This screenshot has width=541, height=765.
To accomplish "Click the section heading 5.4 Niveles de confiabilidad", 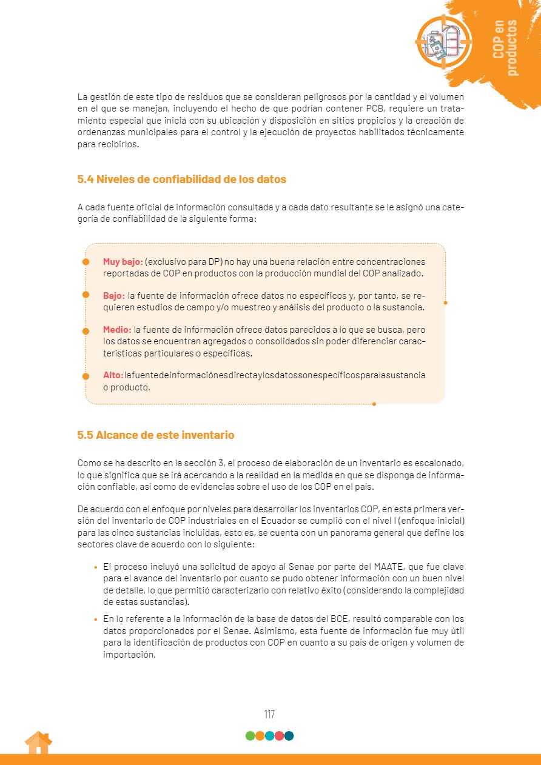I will (x=181, y=179).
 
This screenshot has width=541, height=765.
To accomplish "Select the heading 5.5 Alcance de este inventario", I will (x=155, y=435).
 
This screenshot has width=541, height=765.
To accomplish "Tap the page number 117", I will (x=269, y=714).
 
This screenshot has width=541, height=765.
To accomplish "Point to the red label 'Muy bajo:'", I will (x=123, y=262).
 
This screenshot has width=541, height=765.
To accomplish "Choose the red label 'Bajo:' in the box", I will (x=113, y=296).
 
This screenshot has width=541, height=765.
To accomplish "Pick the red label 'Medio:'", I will (x=117, y=330).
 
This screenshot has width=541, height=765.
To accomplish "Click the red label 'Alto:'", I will (x=113, y=375).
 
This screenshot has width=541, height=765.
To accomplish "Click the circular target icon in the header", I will (x=443, y=41).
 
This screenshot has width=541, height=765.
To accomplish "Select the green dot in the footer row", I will (x=250, y=736).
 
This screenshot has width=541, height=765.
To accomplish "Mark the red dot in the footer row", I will (x=279, y=736).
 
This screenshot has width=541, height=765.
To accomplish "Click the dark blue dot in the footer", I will (x=289, y=736).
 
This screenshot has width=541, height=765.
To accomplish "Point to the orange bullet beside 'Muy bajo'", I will (x=86, y=262).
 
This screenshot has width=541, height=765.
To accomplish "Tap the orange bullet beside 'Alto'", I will (x=86, y=375).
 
